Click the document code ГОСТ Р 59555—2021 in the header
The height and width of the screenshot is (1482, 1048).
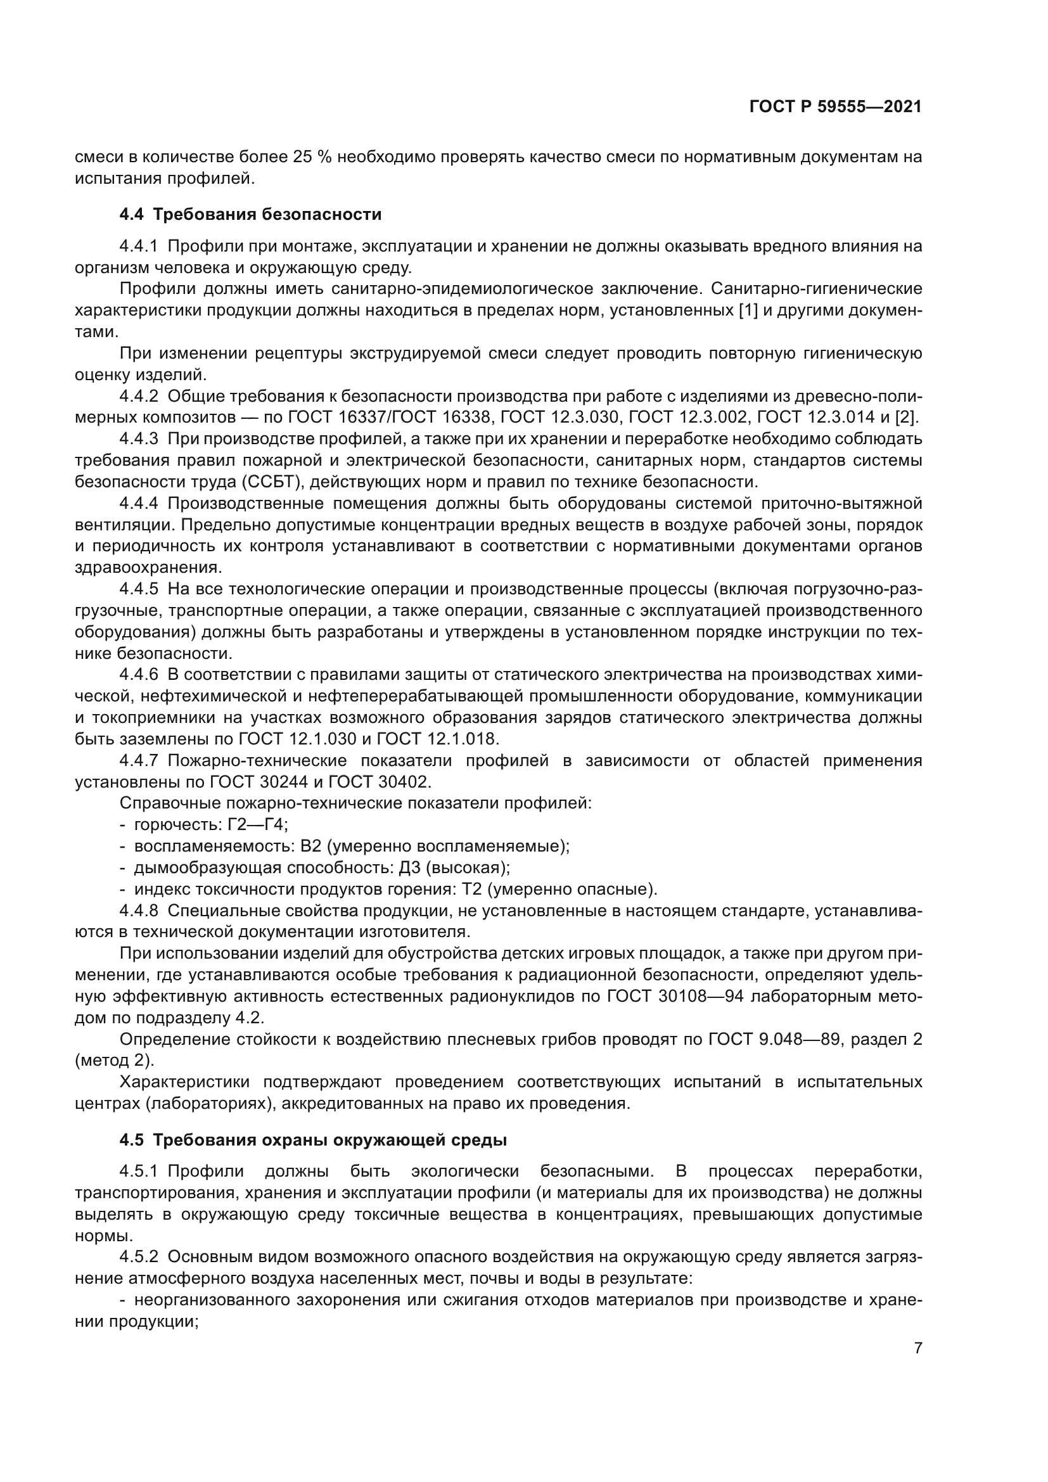point(835,106)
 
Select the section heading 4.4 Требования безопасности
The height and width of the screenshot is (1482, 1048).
point(250,214)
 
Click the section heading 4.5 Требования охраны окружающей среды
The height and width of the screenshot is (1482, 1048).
point(313,1140)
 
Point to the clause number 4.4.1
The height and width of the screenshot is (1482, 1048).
point(138,246)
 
